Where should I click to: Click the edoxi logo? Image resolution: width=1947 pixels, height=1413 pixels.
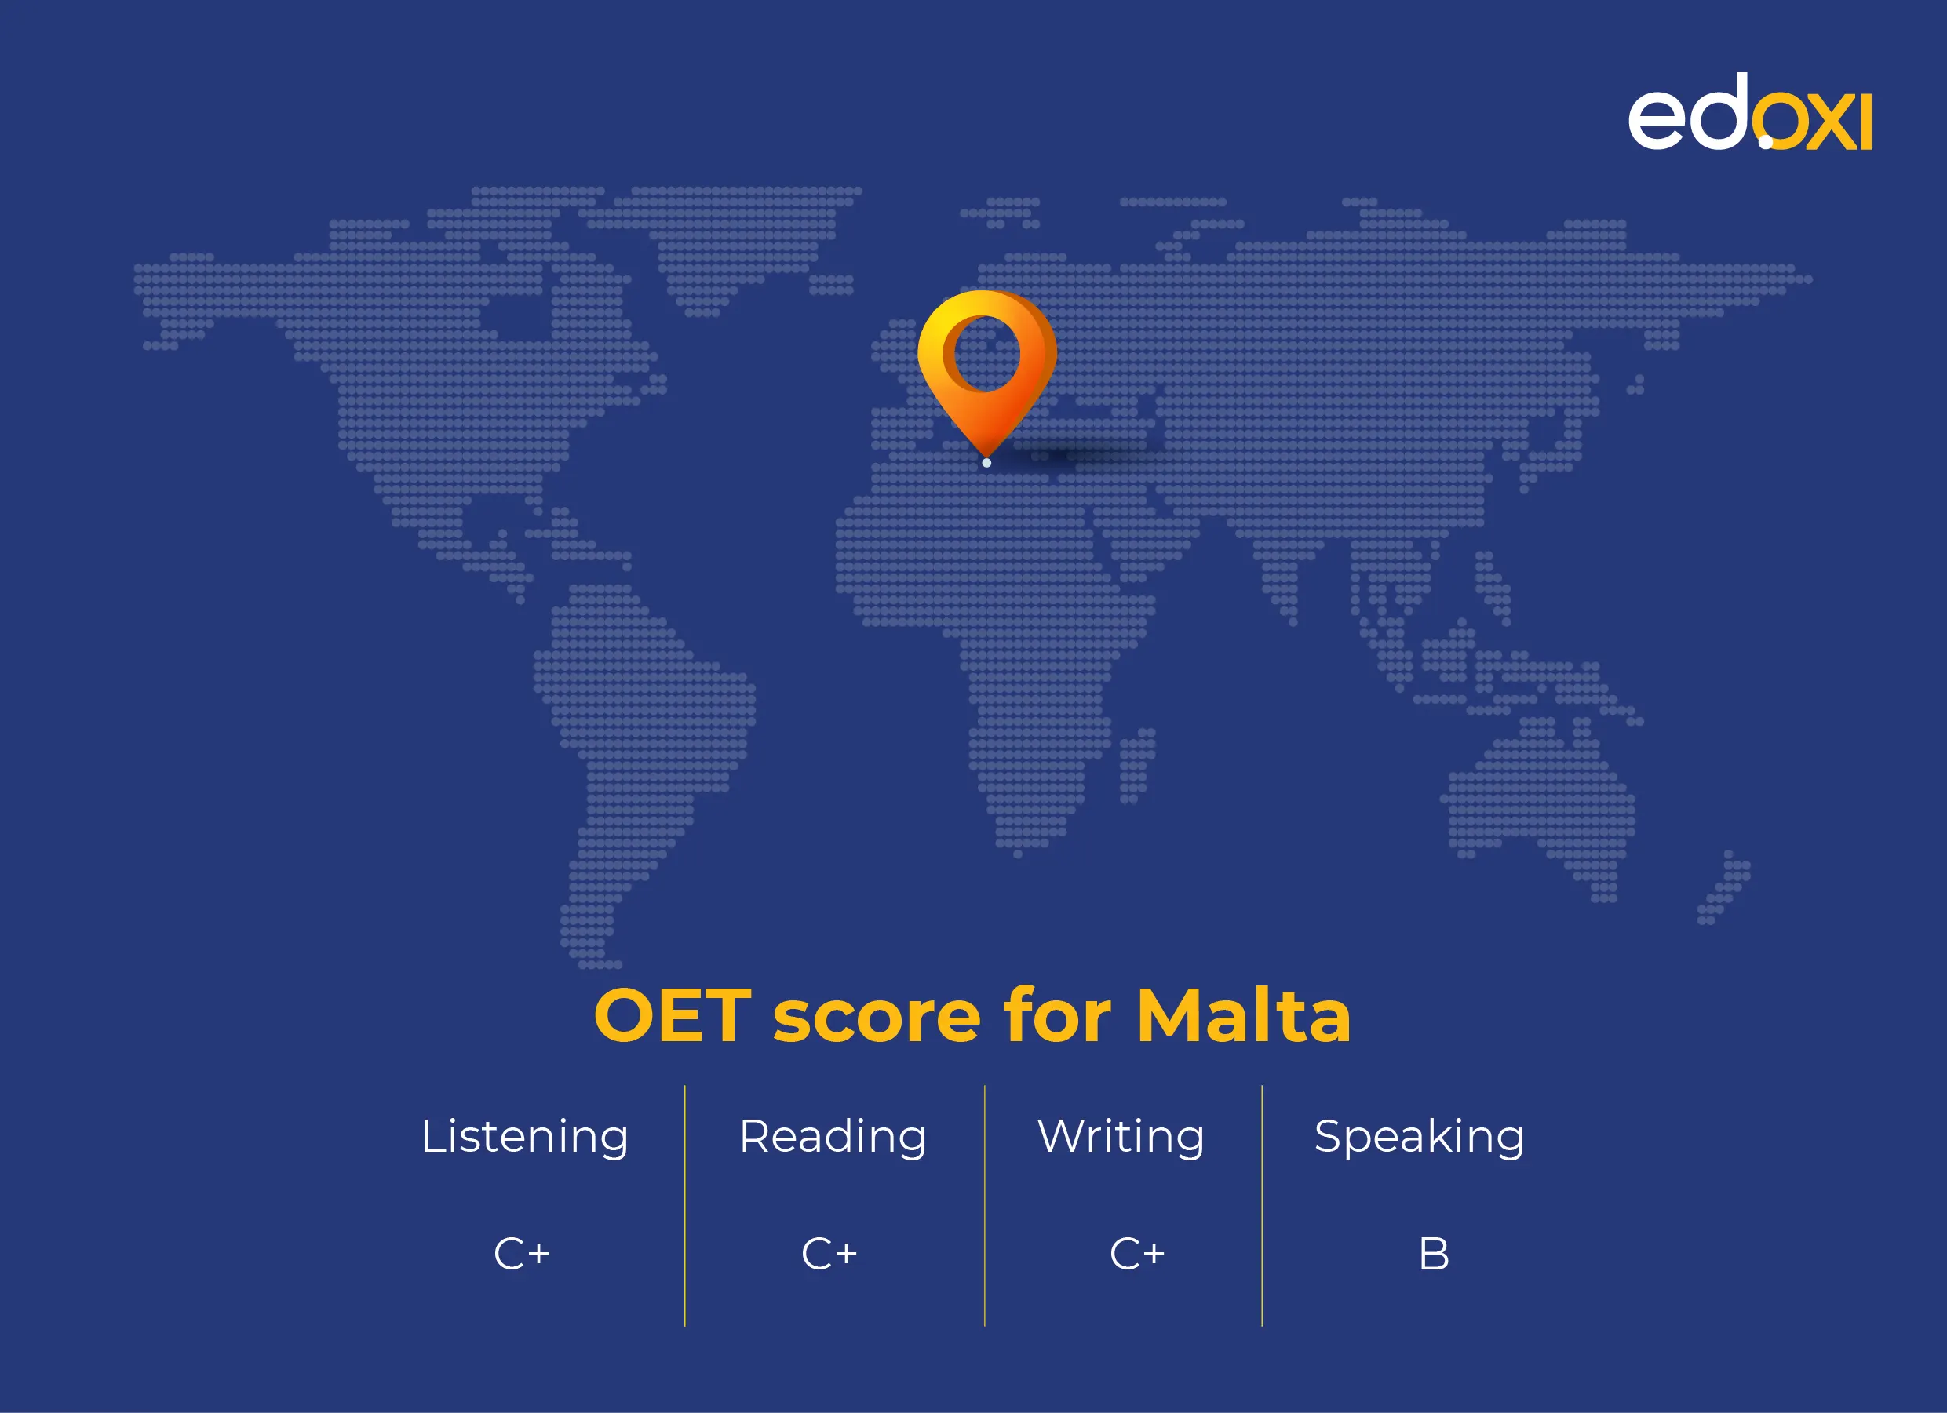click(1749, 112)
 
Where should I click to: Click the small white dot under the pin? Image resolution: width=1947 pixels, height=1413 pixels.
click(986, 463)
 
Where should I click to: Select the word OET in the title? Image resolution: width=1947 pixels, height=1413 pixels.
click(673, 1016)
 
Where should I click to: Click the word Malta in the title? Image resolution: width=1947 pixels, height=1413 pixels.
click(1244, 1015)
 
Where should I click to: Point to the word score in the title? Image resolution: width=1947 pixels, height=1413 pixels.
click(877, 1022)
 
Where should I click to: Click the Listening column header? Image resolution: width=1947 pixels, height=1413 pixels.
click(524, 1138)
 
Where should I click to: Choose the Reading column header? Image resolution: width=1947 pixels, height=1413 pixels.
click(833, 1138)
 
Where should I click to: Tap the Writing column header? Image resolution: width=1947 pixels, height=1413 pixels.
click(1121, 1138)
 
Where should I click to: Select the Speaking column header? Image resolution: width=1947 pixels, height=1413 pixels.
click(1419, 1138)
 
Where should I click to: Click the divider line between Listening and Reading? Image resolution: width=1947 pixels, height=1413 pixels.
click(685, 1205)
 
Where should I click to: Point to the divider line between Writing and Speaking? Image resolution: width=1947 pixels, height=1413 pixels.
click(1262, 1205)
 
